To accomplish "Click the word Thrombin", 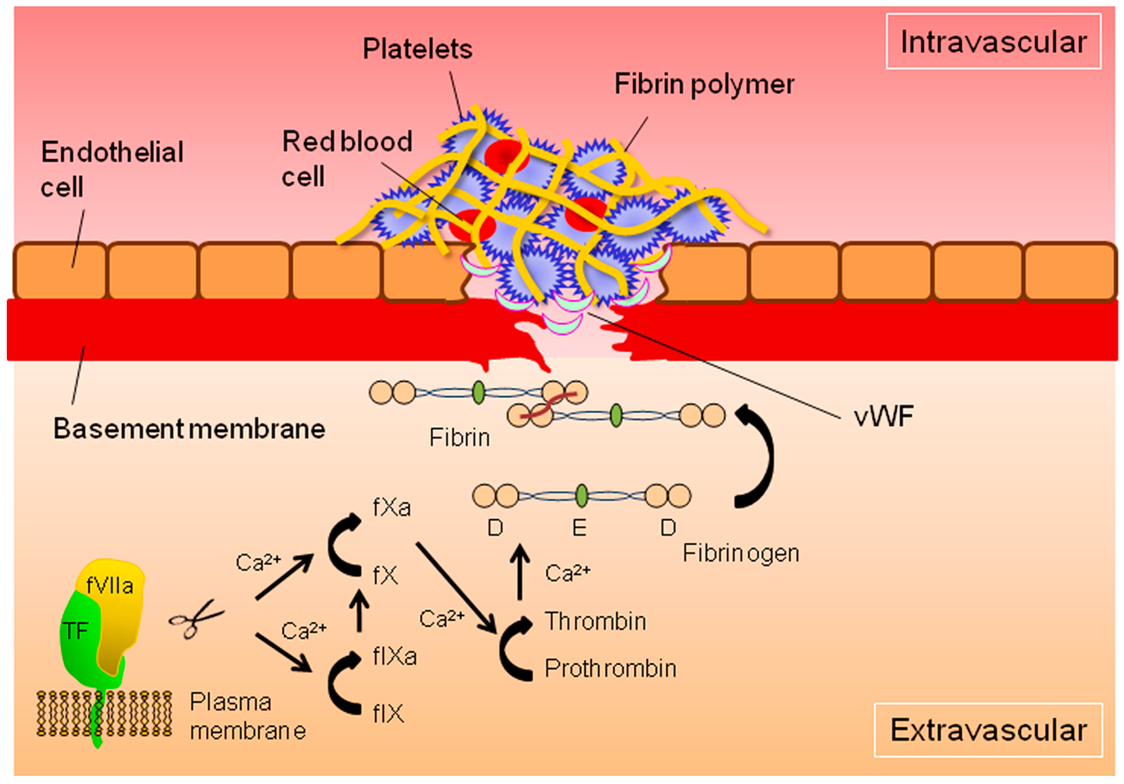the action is [595, 621].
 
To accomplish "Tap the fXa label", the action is [391, 507].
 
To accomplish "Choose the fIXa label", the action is [395, 656].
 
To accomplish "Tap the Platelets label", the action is [417, 49].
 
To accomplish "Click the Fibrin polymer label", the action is [704, 84].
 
